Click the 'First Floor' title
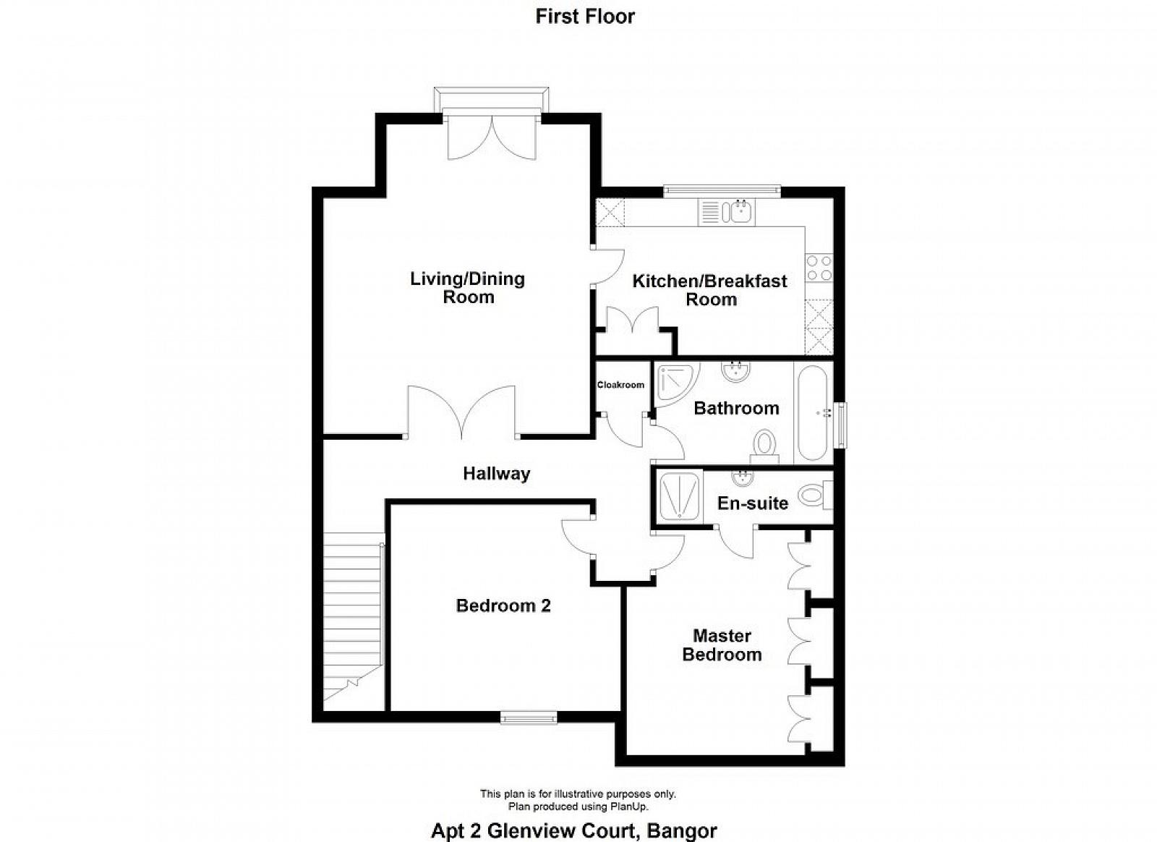pos(585,17)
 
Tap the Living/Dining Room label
pos(468,288)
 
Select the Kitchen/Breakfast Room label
pos(710,290)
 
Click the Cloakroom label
pos(620,385)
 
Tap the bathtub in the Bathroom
pos(813,413)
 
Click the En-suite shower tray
pos(680,497)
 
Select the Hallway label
pos(496,474)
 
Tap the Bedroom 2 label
pos(503,605)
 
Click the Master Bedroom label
pos(722,645)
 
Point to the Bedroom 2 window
pos(529,717)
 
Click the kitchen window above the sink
pos(722,192)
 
